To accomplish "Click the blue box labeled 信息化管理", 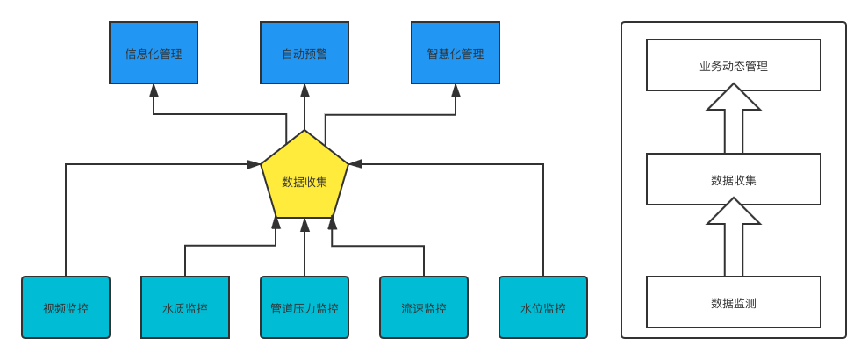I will pos(154,53).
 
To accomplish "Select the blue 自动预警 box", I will pos(305,53).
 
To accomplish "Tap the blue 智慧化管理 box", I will pos(456,53).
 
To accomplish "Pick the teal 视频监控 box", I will pos(66,307).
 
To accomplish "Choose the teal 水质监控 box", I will pos(185,307).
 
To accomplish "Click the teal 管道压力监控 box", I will pos(305,307).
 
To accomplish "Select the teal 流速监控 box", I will pos(424,307).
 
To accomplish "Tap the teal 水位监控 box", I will pos(543,307).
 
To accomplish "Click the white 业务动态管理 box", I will pos(734,65).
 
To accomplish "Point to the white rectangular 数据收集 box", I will pos(734,179).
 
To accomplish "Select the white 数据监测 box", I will pos(734,302).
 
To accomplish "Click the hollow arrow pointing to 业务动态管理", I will pos(734,119).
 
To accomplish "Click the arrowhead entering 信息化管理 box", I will pos(154,90).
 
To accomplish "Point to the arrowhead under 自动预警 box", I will pos(305,90).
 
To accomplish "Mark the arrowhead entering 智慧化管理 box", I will pos(456,90).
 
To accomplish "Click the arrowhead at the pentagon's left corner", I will pos(255,164).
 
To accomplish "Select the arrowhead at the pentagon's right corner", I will pos(355,164).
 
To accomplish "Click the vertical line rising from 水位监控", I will pos(543,220).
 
